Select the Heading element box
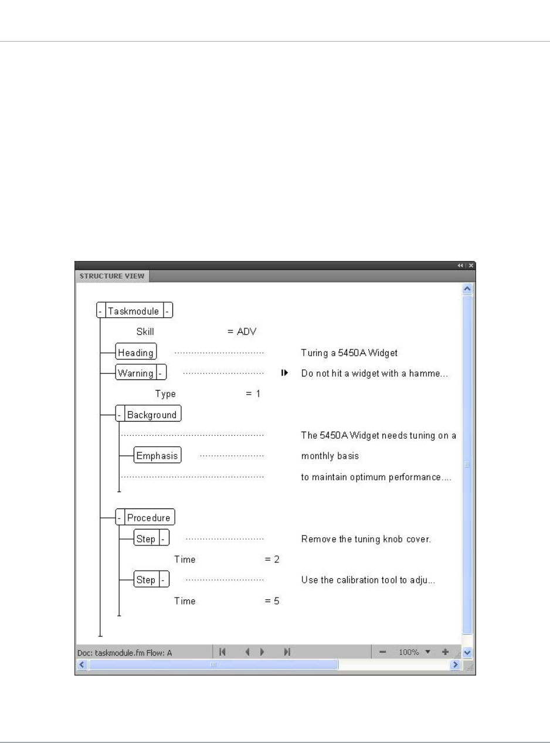coord(135,352)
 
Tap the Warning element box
coord(135,373)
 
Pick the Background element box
coord(151,415)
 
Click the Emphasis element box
coord(157,455)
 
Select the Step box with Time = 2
coord(145,538)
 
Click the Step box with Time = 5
coord(145,580)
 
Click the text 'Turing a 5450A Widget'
coord(349,353)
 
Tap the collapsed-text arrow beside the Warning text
coord(285,373)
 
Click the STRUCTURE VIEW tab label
coord(111,276)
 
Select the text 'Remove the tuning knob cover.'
coord(366,539)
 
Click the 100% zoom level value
coord(409,652)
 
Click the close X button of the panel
coord(471,266)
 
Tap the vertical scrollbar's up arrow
coord(467,289)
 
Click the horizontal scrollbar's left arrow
coord(82,664)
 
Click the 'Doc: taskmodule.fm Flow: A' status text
coord(125,653)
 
